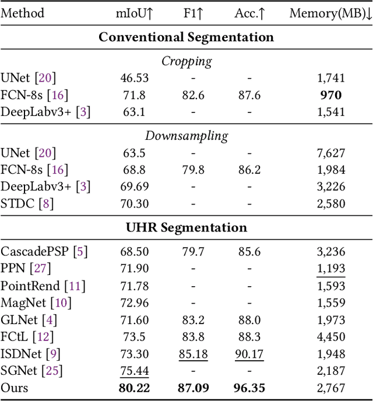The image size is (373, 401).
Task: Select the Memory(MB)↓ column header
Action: [330, 13]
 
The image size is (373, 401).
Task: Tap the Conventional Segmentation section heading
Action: [186, 37]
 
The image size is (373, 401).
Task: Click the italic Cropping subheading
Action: [186, 61]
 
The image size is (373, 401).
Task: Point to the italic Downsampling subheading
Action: [186, 136]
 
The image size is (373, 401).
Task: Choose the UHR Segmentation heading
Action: [186, 227]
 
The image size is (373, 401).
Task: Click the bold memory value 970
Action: [330, 94]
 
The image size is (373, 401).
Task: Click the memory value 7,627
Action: [330, 153]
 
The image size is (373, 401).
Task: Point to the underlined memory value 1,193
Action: [330, 269]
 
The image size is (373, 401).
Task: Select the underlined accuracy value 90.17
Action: [249, 353]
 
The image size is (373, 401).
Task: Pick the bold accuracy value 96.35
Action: [249, 387]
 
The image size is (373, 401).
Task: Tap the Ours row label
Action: [15, 387]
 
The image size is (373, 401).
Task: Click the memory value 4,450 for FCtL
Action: [330, 336]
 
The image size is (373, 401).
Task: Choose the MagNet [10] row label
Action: [35, 302]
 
